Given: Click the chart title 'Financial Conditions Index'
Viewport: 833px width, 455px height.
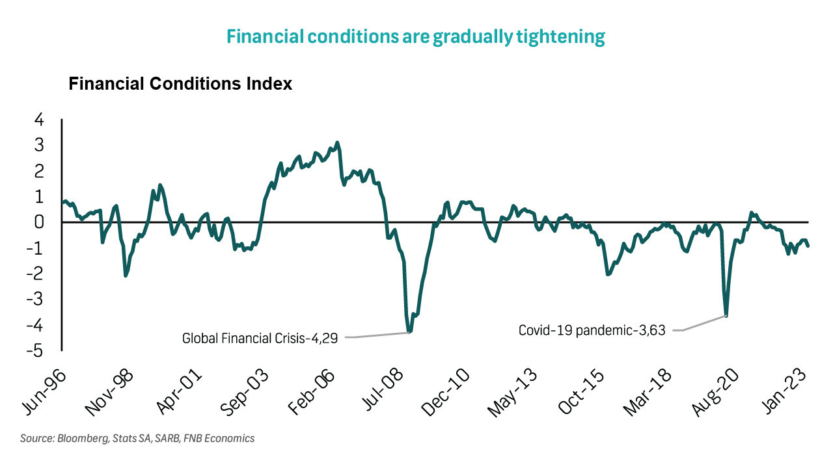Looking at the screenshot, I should pyautogui.click(x=180, y=84).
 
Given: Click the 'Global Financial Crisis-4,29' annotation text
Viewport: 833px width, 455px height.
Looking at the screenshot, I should pyautogui.click(x=260, y=338).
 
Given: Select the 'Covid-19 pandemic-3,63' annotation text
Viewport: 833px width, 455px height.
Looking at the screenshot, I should pyautogui.click(x=592, y=330).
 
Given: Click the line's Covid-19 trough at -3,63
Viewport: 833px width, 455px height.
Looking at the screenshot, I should pyautogui.click(x=726, y=316).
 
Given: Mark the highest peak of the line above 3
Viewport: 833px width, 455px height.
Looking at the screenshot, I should pyautogui.click(x=336, y=142).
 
